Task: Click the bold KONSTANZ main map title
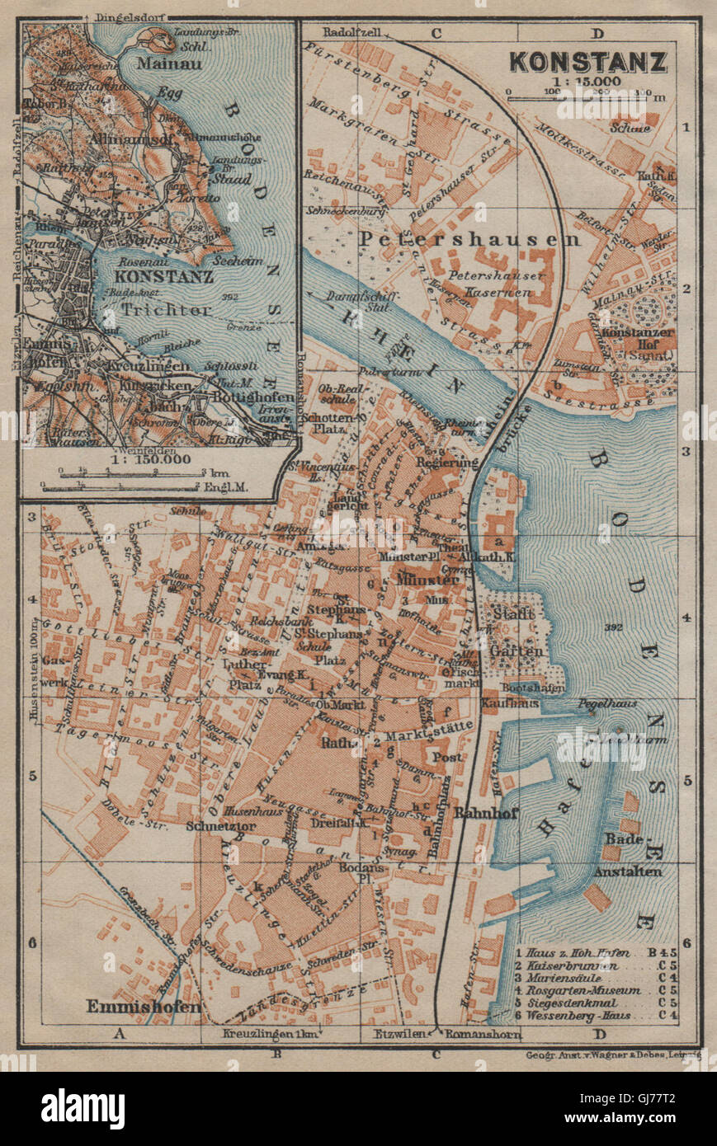point(587,61)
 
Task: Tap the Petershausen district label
point(470,239)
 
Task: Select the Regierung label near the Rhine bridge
point(446,463)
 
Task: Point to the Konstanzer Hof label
point(641,347)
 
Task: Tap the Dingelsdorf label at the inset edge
point(125,15)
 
